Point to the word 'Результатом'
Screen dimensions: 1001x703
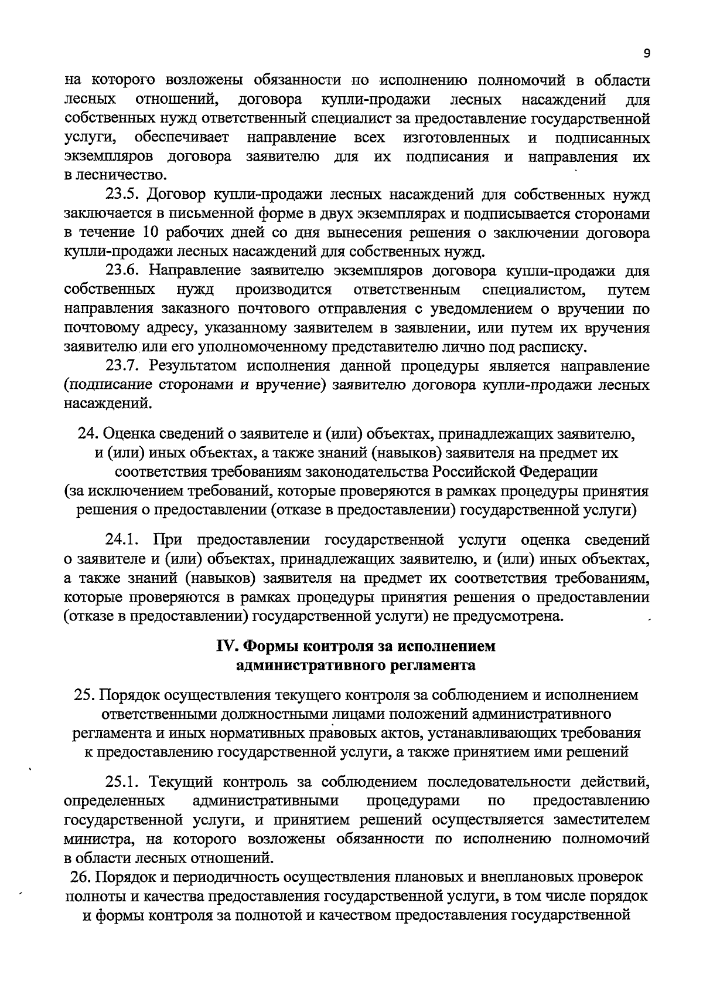(x=193, y=366)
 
